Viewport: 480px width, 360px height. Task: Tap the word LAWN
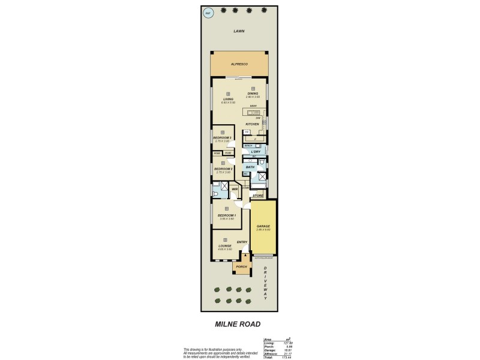tap(239, 31)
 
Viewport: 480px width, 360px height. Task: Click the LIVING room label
tap(227, 99)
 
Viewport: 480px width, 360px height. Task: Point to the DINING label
tap(253, 94)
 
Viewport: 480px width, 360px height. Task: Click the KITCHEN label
tap(251, 124)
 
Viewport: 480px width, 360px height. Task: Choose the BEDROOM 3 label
tap(223, 137)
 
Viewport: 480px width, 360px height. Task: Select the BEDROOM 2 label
tap(223, 169)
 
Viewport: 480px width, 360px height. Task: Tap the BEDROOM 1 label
tap(227, 215)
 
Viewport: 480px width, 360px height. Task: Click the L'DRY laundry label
tap(256, 152)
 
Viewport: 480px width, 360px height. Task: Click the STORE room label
tap(257, 196)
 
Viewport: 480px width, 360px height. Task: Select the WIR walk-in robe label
tap(235, 189)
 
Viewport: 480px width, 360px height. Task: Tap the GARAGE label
tap(263, 226)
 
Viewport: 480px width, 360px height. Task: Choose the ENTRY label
tap(242, 242)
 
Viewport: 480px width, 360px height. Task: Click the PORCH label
tap(241, 266)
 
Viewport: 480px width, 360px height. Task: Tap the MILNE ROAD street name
tap(238, 324)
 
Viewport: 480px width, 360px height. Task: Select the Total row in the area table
tap(278, 357)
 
